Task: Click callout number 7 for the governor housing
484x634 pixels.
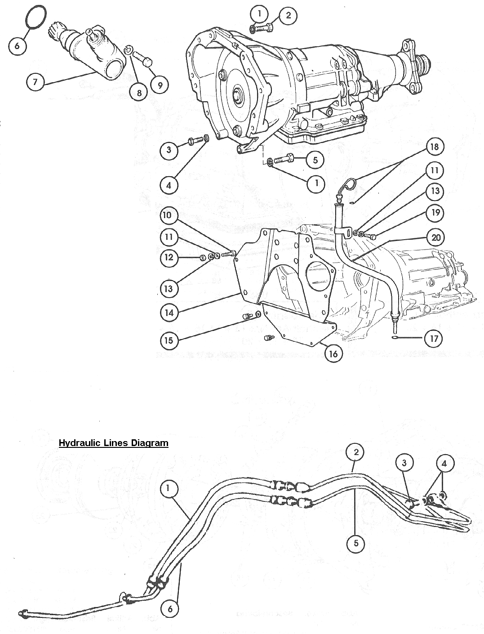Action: tap(36, 82)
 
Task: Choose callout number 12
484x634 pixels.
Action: tap(168, 257)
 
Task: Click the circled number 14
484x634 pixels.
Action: tap(169, 312)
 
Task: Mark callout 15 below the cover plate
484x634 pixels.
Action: tap(169, 340)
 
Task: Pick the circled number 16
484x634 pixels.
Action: tap(333, 354)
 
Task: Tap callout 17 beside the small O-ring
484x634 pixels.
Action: tap(434, 338)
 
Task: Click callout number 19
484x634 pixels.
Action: tap(435, 212)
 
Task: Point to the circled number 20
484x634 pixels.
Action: tap(435, 237)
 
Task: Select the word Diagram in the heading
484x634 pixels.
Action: tap(150, 443)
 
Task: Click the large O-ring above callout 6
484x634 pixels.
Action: tap(35, 18)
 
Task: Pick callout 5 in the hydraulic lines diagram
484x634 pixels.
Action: tap(356, 543)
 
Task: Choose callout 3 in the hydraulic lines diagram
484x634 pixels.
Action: tap(404, 462)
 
